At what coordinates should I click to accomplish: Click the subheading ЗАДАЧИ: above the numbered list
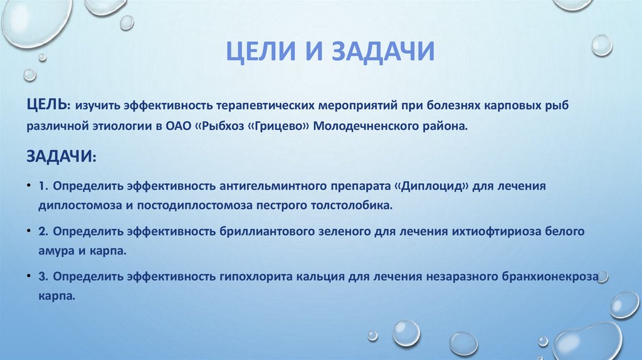pos(61,156)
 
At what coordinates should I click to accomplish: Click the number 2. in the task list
pos(43,231)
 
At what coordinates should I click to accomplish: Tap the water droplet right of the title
pos(601,45)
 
